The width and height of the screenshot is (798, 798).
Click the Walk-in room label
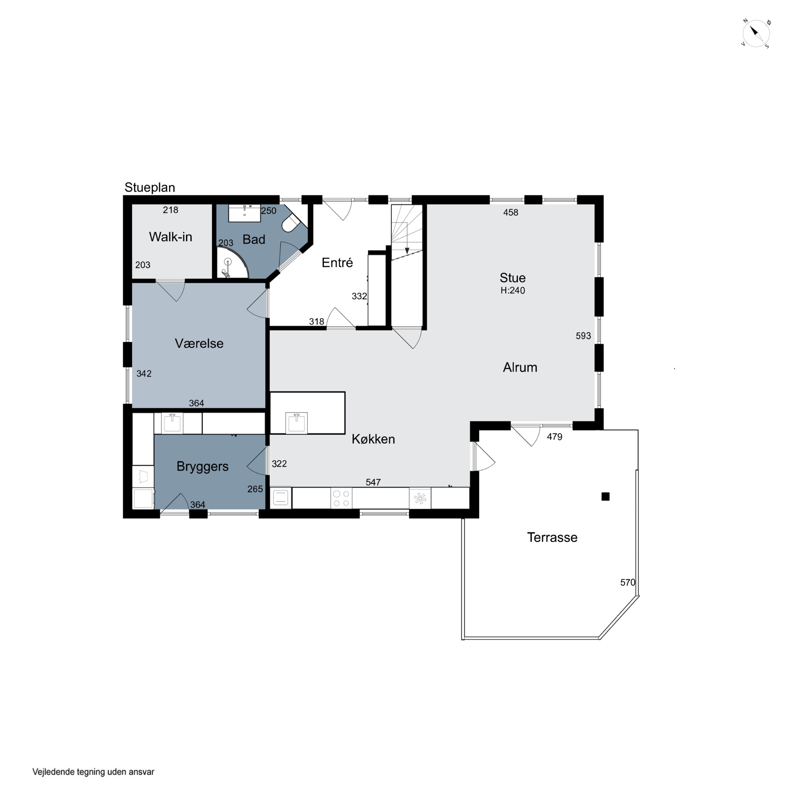click(170, 237)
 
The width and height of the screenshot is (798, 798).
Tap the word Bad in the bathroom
click(253, 239)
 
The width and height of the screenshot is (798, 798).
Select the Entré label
click(337, 263)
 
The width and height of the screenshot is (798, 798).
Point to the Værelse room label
click(199, 343)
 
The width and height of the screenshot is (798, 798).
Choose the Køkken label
click(373, 439)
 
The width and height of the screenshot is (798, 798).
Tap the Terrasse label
click(552, 537)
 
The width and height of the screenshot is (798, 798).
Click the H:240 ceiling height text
click(513, 290)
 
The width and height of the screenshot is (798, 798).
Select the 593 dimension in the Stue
click(583, 336)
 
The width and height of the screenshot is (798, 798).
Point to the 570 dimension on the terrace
click(627, 582)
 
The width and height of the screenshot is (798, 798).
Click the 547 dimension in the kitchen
click(373, 482)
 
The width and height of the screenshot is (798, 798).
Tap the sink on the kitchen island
click(296, 423)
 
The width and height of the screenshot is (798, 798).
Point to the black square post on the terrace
click(605, 496)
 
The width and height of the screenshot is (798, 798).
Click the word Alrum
click(520, 367)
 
